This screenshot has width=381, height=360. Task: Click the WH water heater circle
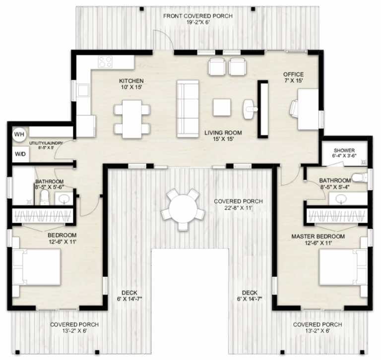click(19, 134)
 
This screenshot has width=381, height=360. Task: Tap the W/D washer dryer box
click(19, 154)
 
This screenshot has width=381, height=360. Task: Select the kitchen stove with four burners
click(105, 62)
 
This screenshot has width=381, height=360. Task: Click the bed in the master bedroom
click(340, 268)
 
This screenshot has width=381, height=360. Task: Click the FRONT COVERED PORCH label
click(198, 16)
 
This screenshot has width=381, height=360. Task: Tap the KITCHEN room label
click(131, 81)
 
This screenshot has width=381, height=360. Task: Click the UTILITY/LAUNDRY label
click(45, 143)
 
